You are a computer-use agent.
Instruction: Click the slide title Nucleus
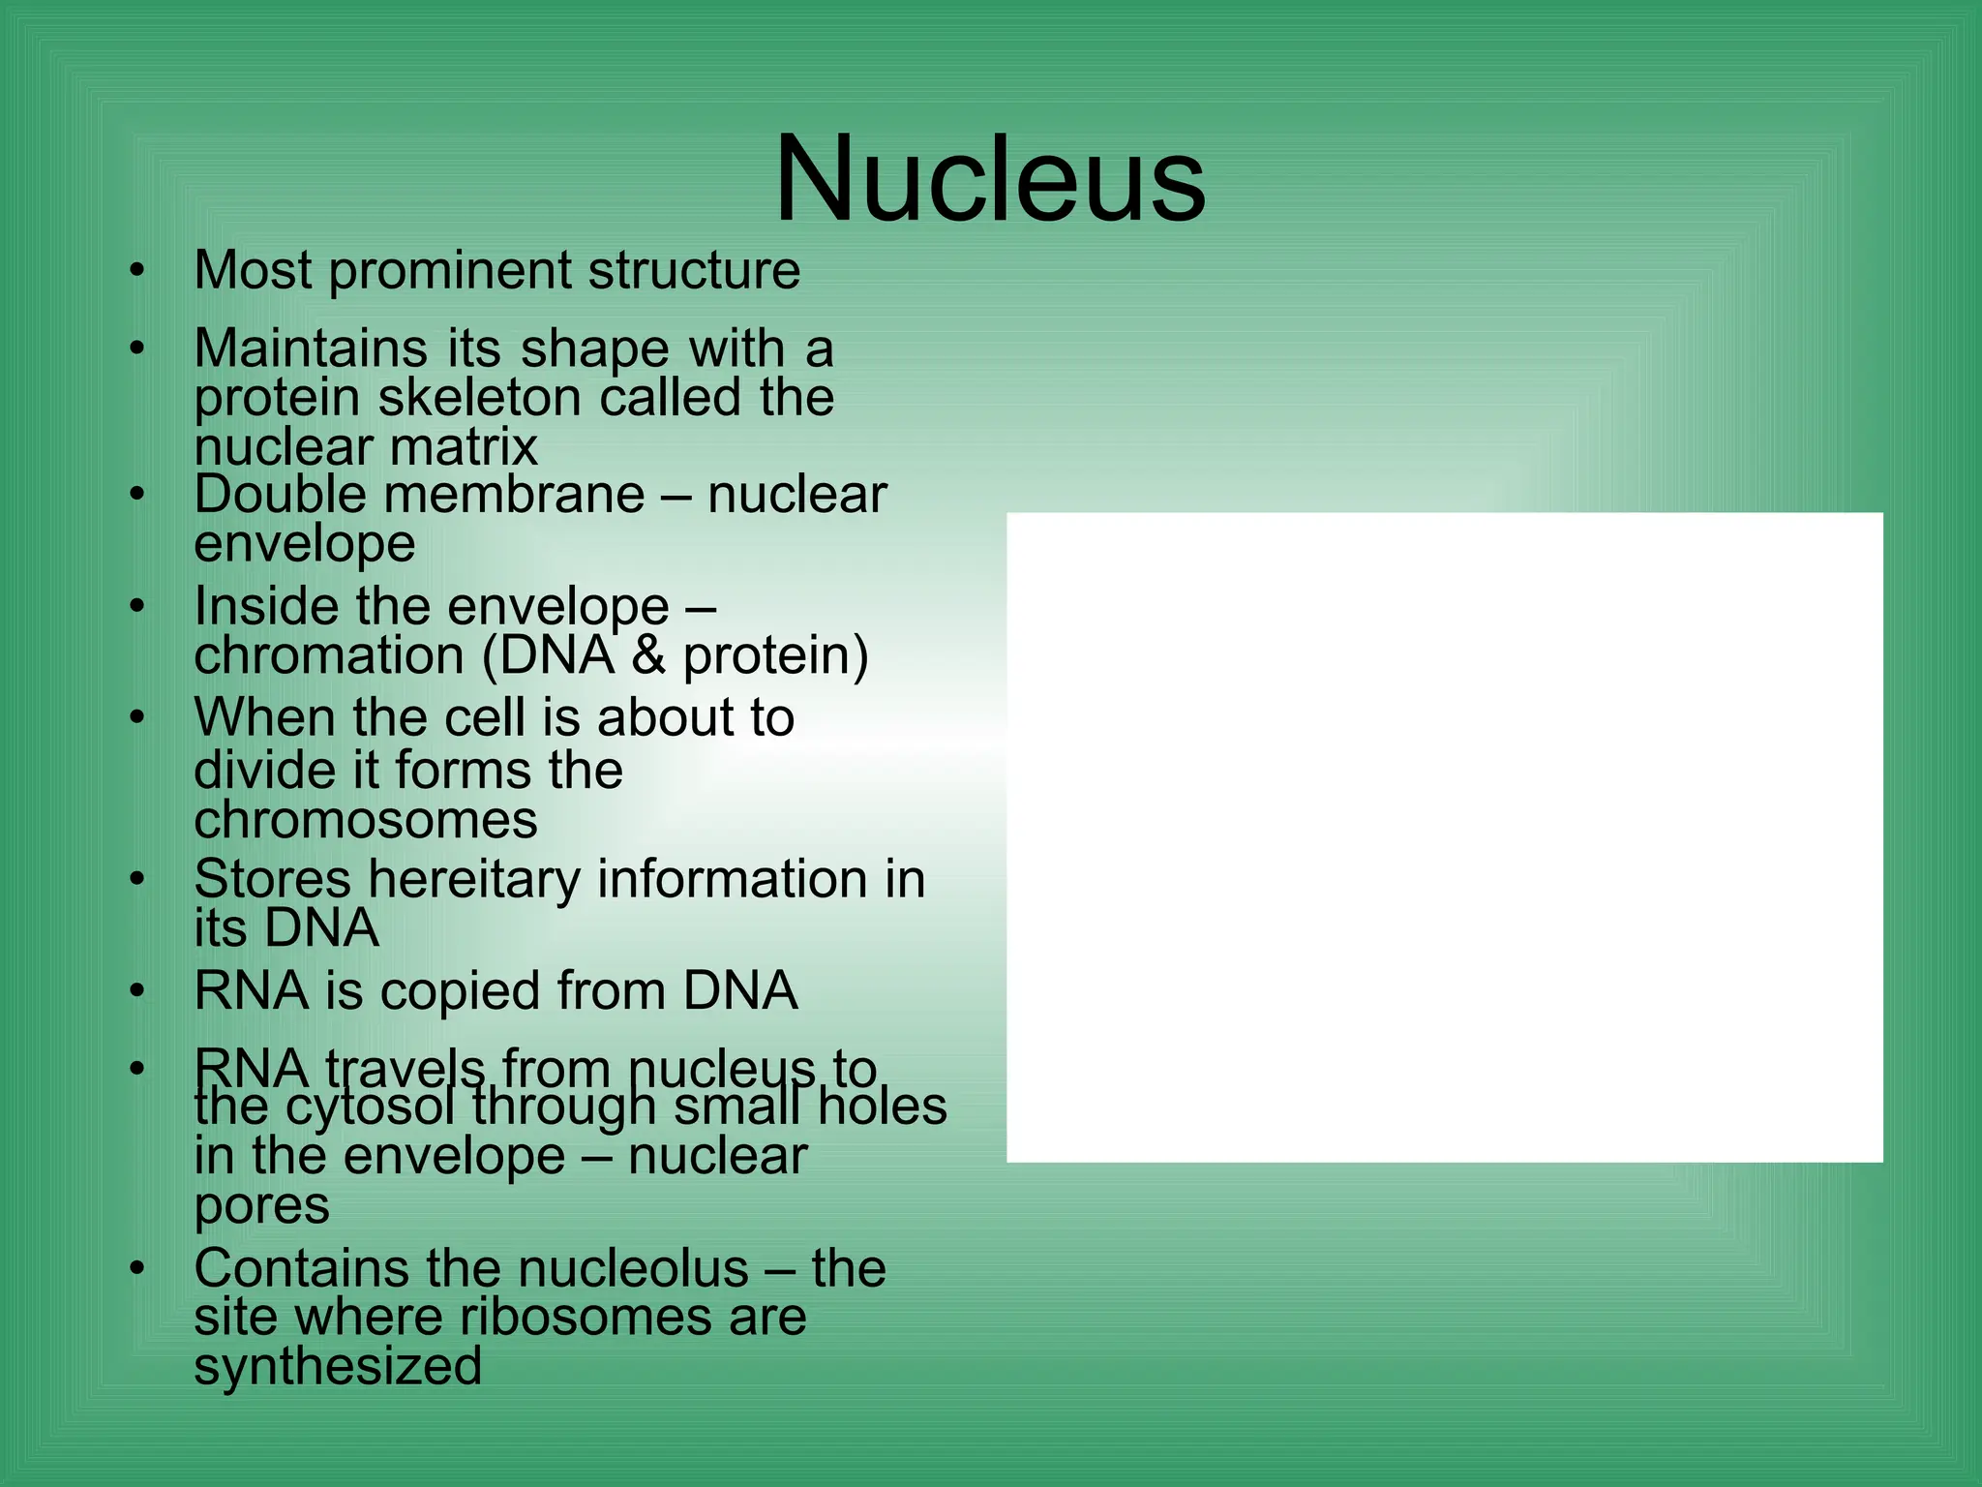[989, 181]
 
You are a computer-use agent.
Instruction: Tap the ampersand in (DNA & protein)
[648, 655]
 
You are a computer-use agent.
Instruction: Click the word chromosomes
[365, 821]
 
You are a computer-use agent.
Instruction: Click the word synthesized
[338, 1367]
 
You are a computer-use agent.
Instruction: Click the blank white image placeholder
[1444, 837]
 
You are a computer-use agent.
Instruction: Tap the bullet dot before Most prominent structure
[137, 271]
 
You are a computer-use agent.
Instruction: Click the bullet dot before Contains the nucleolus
[137, 1269]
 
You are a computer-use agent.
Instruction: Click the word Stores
[272, 880]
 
